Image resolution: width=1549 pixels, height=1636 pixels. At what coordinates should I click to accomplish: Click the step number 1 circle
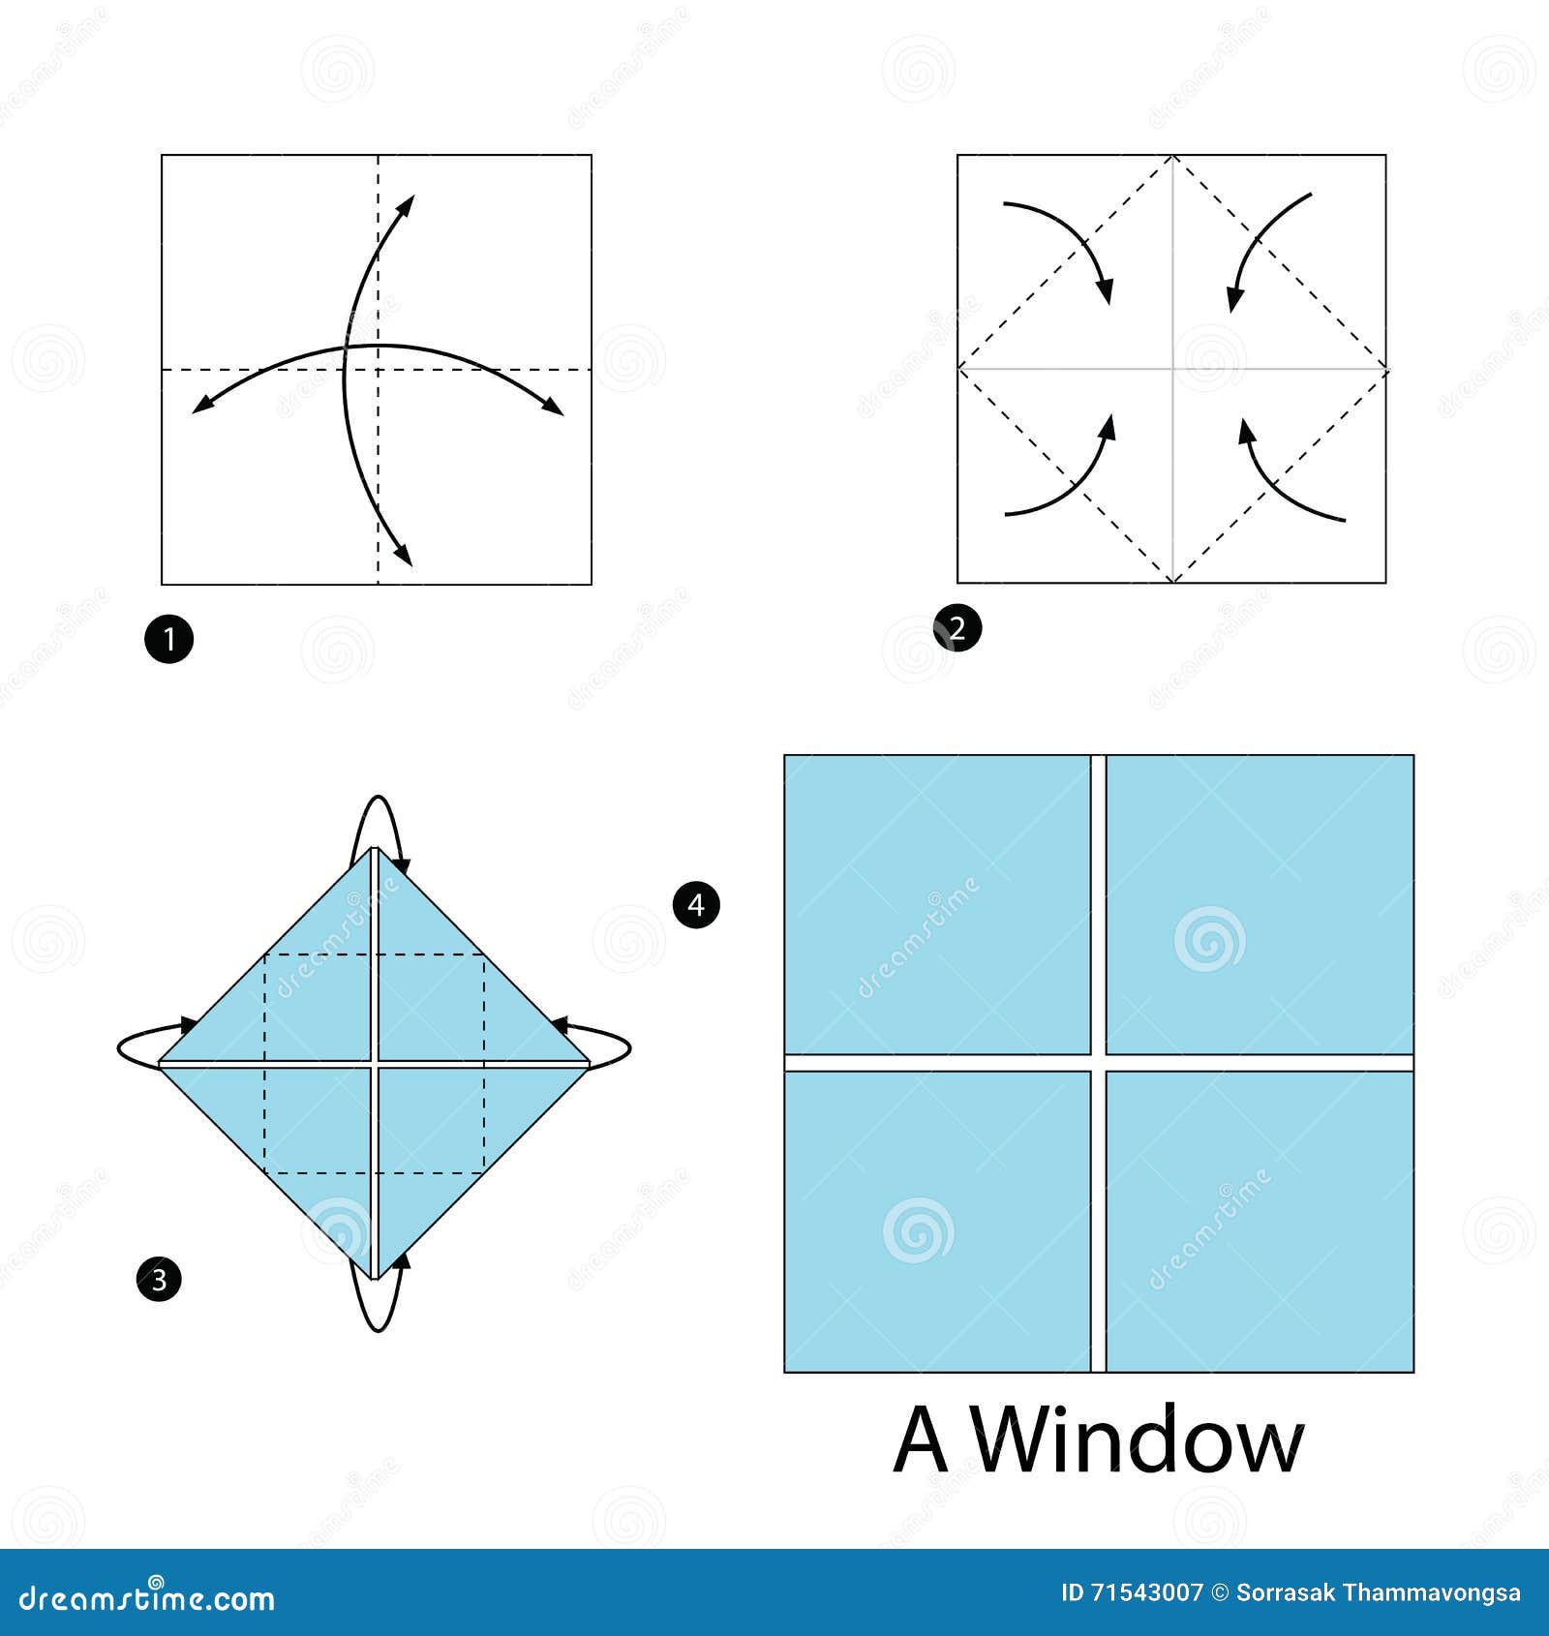(x=169, y=640)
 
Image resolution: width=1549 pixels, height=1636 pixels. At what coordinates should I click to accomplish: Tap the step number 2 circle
(x=957, y=628)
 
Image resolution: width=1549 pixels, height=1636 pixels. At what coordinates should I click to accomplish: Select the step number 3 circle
(x=160, y=1280)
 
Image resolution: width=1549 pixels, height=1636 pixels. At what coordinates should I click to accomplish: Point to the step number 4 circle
(x=696, y=905)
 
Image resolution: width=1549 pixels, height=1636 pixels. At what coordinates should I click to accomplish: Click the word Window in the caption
(x=1138, y=1441)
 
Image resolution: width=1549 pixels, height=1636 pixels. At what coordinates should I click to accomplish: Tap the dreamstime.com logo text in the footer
(x=147, y=1598)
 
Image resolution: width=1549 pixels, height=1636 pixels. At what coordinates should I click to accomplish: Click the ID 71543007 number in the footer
(x=1132, y=1592)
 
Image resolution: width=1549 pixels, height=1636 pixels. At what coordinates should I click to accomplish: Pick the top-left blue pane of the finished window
(x=937, y=904)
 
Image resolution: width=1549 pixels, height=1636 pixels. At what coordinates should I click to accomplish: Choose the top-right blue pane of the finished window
(x=1260, y=904)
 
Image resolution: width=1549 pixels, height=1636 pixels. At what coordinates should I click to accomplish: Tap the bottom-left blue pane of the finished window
(x=937, y=1222)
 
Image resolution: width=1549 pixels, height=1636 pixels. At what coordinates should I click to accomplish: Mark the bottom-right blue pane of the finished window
(x=1260, y=1222)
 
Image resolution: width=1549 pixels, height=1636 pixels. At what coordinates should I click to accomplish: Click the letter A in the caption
(x=920, y=1441)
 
